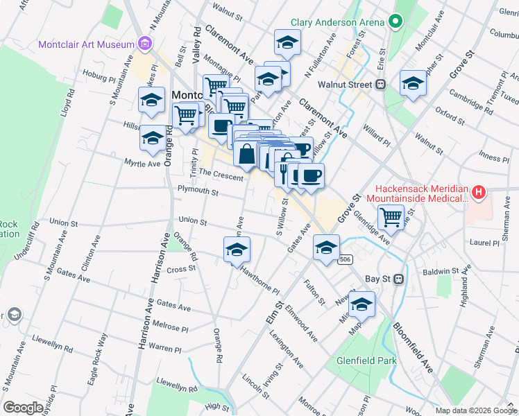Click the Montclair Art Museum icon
pos(145,45)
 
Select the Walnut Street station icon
pos(380,85)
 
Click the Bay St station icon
pos(398,279)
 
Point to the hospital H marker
pos(478,193)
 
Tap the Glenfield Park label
pos(366,361)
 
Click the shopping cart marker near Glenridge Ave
pos(392,216)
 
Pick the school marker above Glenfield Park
pos(361,304)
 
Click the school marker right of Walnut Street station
pos(414,84)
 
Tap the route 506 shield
pos(344,259)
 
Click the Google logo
pos(23,407)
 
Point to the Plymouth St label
pos(198,192)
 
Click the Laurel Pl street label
pos(484,243)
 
